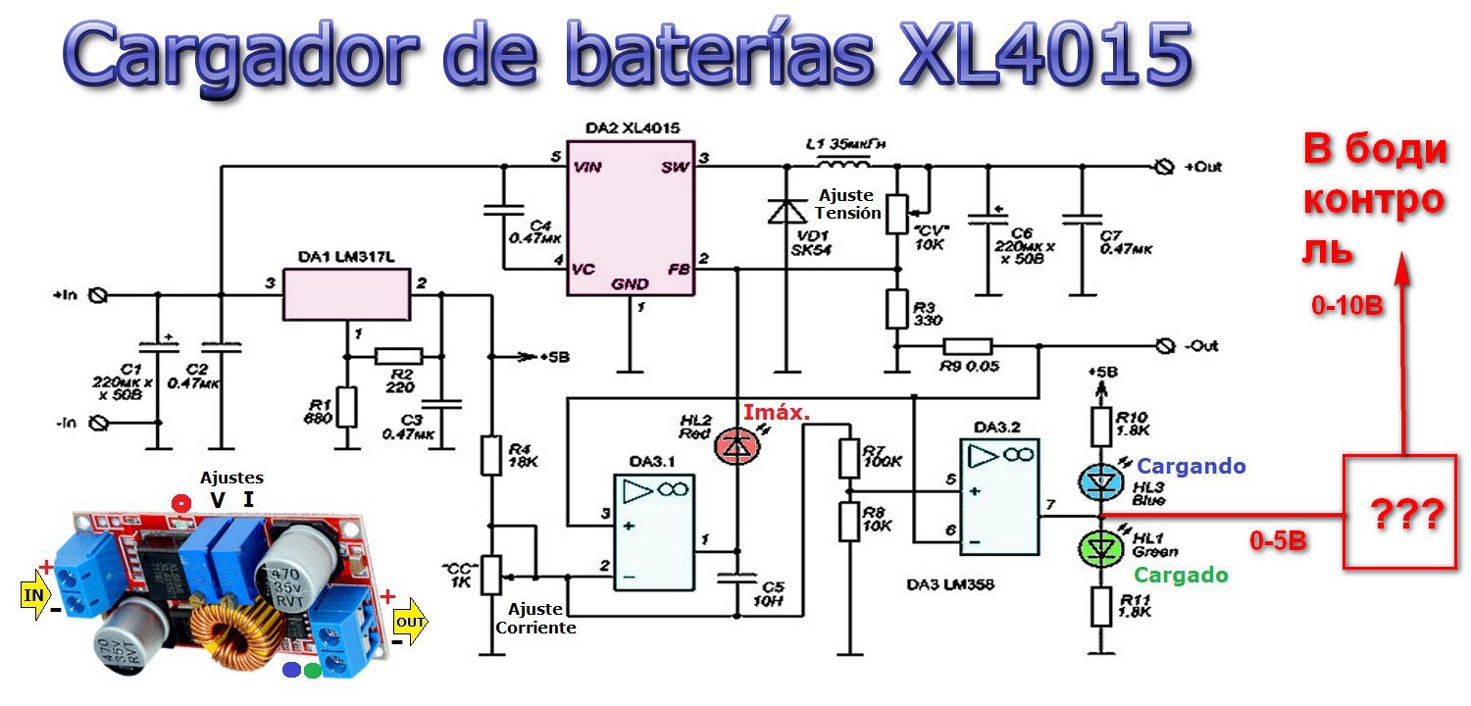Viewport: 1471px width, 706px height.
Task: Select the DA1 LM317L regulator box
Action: [x=346, y=294]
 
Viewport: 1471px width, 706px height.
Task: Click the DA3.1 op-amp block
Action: [x=654, y=531]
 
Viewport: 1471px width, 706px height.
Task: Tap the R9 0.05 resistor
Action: [x=968, y=346]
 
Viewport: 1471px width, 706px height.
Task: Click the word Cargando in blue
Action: [x=1191, y=466]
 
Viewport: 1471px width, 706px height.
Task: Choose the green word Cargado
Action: [x=1181, y=575]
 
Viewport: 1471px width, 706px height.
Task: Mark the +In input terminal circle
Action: [x=98, y=294]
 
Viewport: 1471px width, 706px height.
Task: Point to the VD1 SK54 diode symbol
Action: [x=785, y=211]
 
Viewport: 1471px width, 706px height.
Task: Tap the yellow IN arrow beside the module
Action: [x=34, y=593]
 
